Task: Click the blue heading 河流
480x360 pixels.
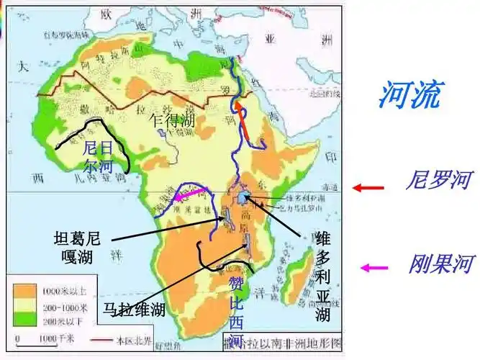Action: tap(411, 95)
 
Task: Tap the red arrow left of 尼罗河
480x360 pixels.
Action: tap(367, 187)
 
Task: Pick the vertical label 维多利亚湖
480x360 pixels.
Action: tap(322, 275)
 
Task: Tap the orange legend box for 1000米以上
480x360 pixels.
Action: tap(26, 292)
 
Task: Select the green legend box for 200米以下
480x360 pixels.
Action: tap(26, 317)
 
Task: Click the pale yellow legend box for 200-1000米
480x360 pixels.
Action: tap(26, 304)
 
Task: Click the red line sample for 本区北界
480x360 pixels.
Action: tap(103, 338)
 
